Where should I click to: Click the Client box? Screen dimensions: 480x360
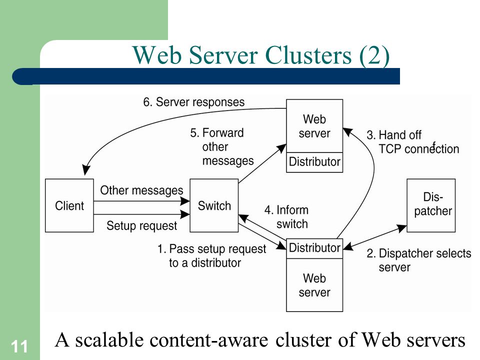click(x=69, y=205)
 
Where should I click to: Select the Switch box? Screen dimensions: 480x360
click(x=214, y=205)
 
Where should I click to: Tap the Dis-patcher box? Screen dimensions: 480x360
click(x=431, y=205)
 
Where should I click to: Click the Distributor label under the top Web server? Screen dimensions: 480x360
click(x=314, y=161)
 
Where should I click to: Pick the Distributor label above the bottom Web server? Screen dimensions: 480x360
click(x=314, y=247)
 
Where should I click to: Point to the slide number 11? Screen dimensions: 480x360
click(x=19, y=347)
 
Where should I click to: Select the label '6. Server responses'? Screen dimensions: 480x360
click(x=194, y=102)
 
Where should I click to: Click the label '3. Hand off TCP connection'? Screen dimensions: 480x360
click(x=412, y=141)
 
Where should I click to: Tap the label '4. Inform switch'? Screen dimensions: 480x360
click(x=286, y=216)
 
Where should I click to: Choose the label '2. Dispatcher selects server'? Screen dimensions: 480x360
click(x=419, y=260)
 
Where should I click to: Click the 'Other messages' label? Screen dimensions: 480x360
click(x=141, y=190)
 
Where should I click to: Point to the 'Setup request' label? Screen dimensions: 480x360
click(x=141, y=226)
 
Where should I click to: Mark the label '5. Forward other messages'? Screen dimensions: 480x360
click(x=222, y=147)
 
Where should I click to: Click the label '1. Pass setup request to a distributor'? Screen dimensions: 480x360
click(x=211, y=256)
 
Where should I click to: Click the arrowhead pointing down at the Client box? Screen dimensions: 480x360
click(x=86, y=170)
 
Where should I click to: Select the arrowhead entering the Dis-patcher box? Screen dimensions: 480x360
click(x=401, y=228)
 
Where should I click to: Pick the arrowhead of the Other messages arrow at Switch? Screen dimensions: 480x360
click(x=185, y=201)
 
